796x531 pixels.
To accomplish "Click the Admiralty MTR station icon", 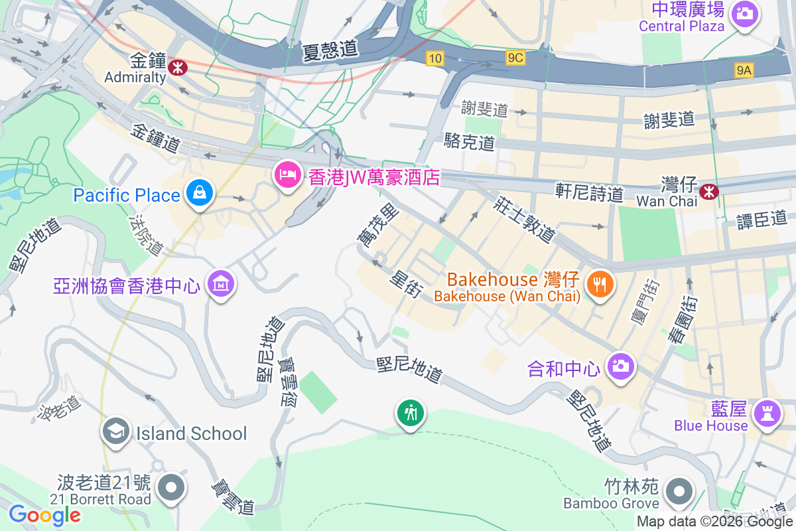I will (177, 66).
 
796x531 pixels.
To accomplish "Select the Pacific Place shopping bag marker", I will (198, 193).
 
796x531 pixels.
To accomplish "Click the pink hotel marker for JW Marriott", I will (287, 175).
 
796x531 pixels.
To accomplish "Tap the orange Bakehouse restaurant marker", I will (600, 285).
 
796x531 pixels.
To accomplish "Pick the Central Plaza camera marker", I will (744, 13).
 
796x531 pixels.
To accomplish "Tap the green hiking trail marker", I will (411, 413).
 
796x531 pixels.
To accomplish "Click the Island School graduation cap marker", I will (116, 432).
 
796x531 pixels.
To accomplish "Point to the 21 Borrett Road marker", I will (172, 487).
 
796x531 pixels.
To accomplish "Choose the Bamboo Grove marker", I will (679, 493).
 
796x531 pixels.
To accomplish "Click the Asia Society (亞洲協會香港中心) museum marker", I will (220, 284).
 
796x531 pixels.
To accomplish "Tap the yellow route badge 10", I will (434, 58).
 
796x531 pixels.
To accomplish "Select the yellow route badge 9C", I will (515, 58).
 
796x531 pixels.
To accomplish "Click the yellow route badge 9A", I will (744, 70).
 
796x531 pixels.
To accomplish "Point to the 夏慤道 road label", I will (329, 49).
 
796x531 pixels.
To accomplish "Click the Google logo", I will (44, 514).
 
